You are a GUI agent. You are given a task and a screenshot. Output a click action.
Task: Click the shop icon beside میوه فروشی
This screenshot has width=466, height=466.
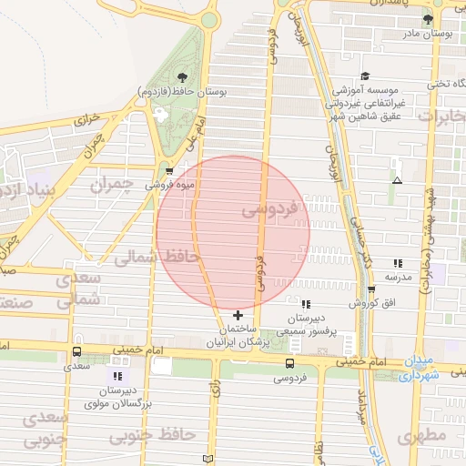pos(169,170)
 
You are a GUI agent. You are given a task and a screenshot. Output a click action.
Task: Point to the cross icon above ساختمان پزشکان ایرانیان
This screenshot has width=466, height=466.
pos(238,314)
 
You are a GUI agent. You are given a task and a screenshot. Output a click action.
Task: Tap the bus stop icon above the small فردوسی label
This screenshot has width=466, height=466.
pos(290,362)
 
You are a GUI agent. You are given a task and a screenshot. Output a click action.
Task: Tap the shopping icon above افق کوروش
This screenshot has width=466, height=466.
pos(371,289)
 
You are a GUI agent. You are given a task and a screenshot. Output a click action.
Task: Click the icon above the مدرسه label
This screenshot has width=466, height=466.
pos(397,262)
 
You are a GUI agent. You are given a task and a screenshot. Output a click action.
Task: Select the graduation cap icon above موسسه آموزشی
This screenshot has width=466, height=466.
pos(365,76)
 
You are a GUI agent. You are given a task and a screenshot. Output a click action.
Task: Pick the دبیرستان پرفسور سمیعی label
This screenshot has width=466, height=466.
pos(301,326)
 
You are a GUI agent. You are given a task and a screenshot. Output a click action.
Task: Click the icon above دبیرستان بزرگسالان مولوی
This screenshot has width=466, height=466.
pos(116,376)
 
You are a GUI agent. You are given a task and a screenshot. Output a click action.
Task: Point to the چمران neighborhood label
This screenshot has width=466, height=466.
pos(111,185)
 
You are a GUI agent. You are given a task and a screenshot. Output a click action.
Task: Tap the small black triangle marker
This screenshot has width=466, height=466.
pos(396,180)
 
